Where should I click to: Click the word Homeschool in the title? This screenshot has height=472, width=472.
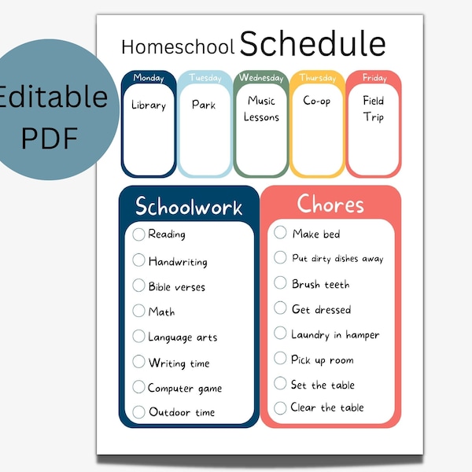click(x=178, y=47)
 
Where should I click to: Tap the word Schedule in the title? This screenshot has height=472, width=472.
click(x=312, y=44)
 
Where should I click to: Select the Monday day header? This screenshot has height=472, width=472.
click(x=149, y=78)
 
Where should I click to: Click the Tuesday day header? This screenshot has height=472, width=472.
click(x=205, y=78)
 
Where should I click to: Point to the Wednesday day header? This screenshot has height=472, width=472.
click(x=261, y=78)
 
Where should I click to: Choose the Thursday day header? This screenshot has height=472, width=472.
click(x=317, y=78)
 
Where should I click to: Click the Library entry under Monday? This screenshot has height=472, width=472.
click(x=149, y=105)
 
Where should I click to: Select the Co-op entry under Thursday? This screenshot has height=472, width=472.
click(x=317, y=101)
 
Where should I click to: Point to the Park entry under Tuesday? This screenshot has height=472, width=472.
click(x=204, y=105)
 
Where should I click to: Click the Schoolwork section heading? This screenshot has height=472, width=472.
click(x=189, y=207)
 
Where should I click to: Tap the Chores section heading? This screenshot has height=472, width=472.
click(x=330, y=204)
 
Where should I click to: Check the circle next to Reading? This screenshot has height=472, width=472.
click(x=139, y=234)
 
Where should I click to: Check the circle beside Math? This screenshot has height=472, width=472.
click(x=139, y=311)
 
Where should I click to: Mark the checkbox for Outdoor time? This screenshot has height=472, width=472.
click(x=139, y=411)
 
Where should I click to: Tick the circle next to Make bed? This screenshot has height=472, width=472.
click(x=281, y=232)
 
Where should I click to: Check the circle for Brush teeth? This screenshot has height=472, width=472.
click(x=281, y=283)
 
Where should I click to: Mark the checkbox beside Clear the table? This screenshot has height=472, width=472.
click(x=281, y=407)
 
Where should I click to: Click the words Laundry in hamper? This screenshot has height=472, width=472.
click(x=335, y=335)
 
